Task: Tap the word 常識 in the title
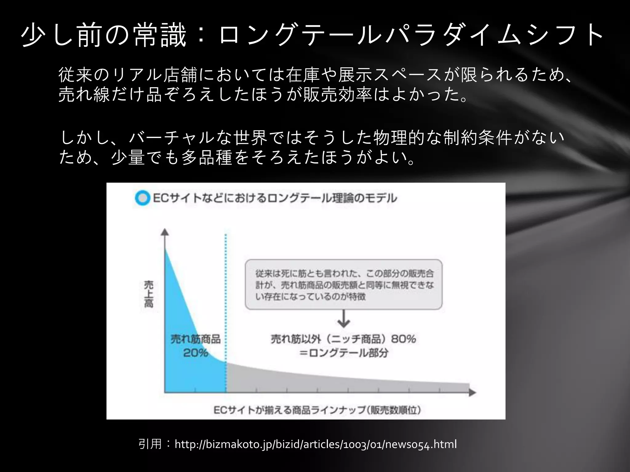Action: click(160, 36)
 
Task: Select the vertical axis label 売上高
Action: click(149, 294)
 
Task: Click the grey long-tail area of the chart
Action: click(338, 383)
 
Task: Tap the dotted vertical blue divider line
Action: click(226, 292)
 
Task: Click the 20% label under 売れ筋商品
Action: click(196, 353)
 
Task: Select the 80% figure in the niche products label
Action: click(403, 339)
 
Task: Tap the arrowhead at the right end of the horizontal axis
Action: click(472, 392)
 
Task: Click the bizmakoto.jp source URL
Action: click(316, 444)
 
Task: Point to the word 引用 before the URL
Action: click(150, 444)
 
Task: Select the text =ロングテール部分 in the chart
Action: click(344, 353)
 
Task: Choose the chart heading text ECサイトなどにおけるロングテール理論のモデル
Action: click(275, 198)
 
